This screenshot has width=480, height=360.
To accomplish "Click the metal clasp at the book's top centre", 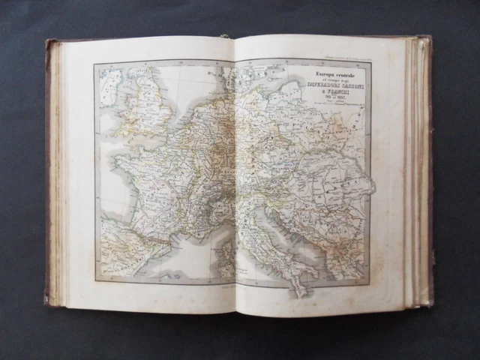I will pos(223,37).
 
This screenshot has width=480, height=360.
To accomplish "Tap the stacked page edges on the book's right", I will pos(417,172).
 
